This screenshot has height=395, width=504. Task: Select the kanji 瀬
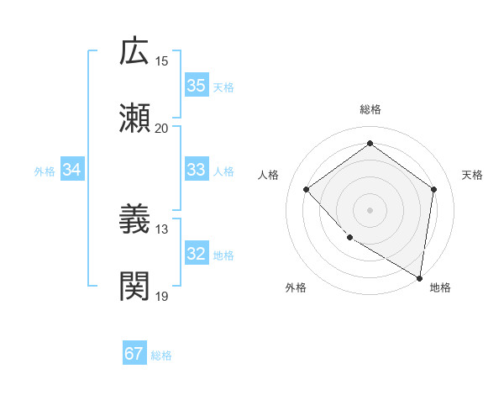(x=135, y=119)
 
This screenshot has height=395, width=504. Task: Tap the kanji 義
(x=135, y=220)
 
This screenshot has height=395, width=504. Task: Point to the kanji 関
(x=135, y=287)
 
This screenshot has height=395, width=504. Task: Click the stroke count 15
(x=162, y=61)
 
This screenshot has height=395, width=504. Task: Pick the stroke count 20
(x=162, y=128)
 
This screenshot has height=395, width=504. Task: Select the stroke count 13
(x=162, y=229)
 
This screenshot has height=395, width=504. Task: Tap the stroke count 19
(x=162, y=296)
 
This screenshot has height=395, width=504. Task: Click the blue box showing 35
(x=197, y=86)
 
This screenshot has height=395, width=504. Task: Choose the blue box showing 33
(x=197, y=170)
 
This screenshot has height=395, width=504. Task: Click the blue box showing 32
(x=197, y=254)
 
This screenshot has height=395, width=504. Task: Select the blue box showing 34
(x=72, y=170)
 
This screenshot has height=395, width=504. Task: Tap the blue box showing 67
(x=134, y=354)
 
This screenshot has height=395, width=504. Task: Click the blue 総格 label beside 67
(x=162, y=355)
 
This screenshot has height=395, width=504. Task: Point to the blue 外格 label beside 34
(x=45, y=171)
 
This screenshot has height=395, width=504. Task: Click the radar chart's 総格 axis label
(x=370, y=109)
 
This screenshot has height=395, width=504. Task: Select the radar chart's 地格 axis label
(x=440, y=287)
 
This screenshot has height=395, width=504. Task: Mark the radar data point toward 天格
(x=433, y=189)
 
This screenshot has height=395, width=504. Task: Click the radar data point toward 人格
(x=307, y=189)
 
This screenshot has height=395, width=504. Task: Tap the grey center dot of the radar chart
(x=370, y=209)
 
